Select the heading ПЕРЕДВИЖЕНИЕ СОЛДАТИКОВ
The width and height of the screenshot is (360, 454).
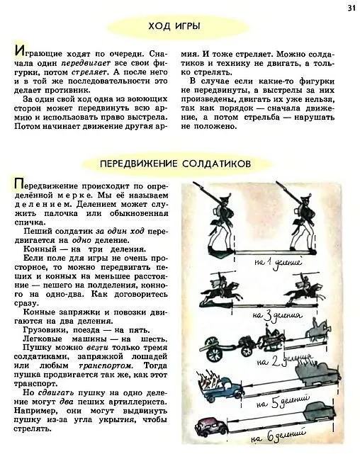pyautogui.click(x=175, y=163)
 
